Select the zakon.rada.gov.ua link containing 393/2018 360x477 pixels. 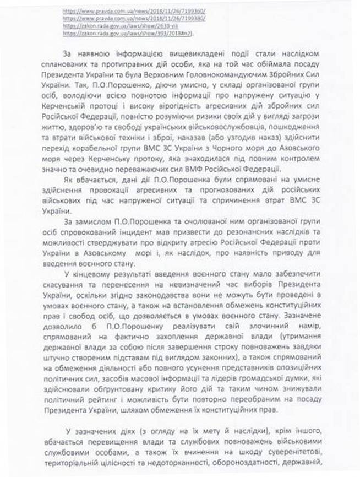tap(102, 34)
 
